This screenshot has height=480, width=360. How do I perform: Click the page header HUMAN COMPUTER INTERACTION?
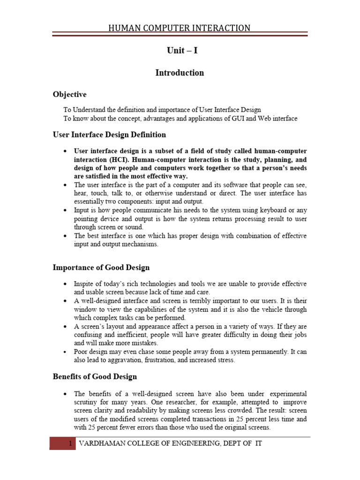point(180,28)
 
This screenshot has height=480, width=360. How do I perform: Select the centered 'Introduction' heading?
point(180,73)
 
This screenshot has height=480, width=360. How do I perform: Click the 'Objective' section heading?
point(69,94)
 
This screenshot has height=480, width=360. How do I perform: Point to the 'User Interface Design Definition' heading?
point(109,135)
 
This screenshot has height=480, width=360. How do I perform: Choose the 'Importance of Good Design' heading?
point(101,268)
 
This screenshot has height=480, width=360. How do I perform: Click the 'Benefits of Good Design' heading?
point(95,376)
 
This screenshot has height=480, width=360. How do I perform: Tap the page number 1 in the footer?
point(70,443)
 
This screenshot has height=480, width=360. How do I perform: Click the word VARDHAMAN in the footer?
point(103,443)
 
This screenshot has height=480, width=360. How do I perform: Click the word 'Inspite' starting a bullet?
point(84,284)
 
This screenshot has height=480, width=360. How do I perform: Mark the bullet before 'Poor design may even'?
point(65,352)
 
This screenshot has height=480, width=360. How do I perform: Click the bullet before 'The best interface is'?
point(65,236)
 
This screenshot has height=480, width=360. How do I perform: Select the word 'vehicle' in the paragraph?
point(266,309)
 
